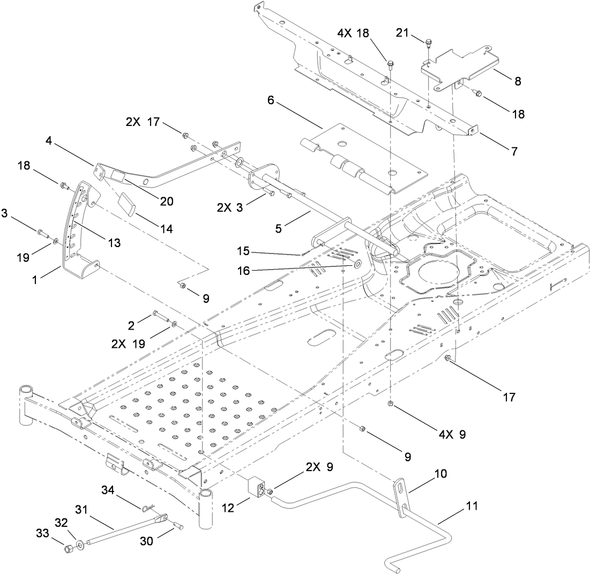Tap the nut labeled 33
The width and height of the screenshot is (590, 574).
[69, 549]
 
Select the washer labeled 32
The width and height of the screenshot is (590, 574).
[80, 545]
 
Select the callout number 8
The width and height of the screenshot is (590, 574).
[518, 81]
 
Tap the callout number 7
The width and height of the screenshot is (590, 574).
[514, 151]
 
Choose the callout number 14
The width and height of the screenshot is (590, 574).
[167, 228]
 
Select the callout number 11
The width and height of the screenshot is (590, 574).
[473, 505]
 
